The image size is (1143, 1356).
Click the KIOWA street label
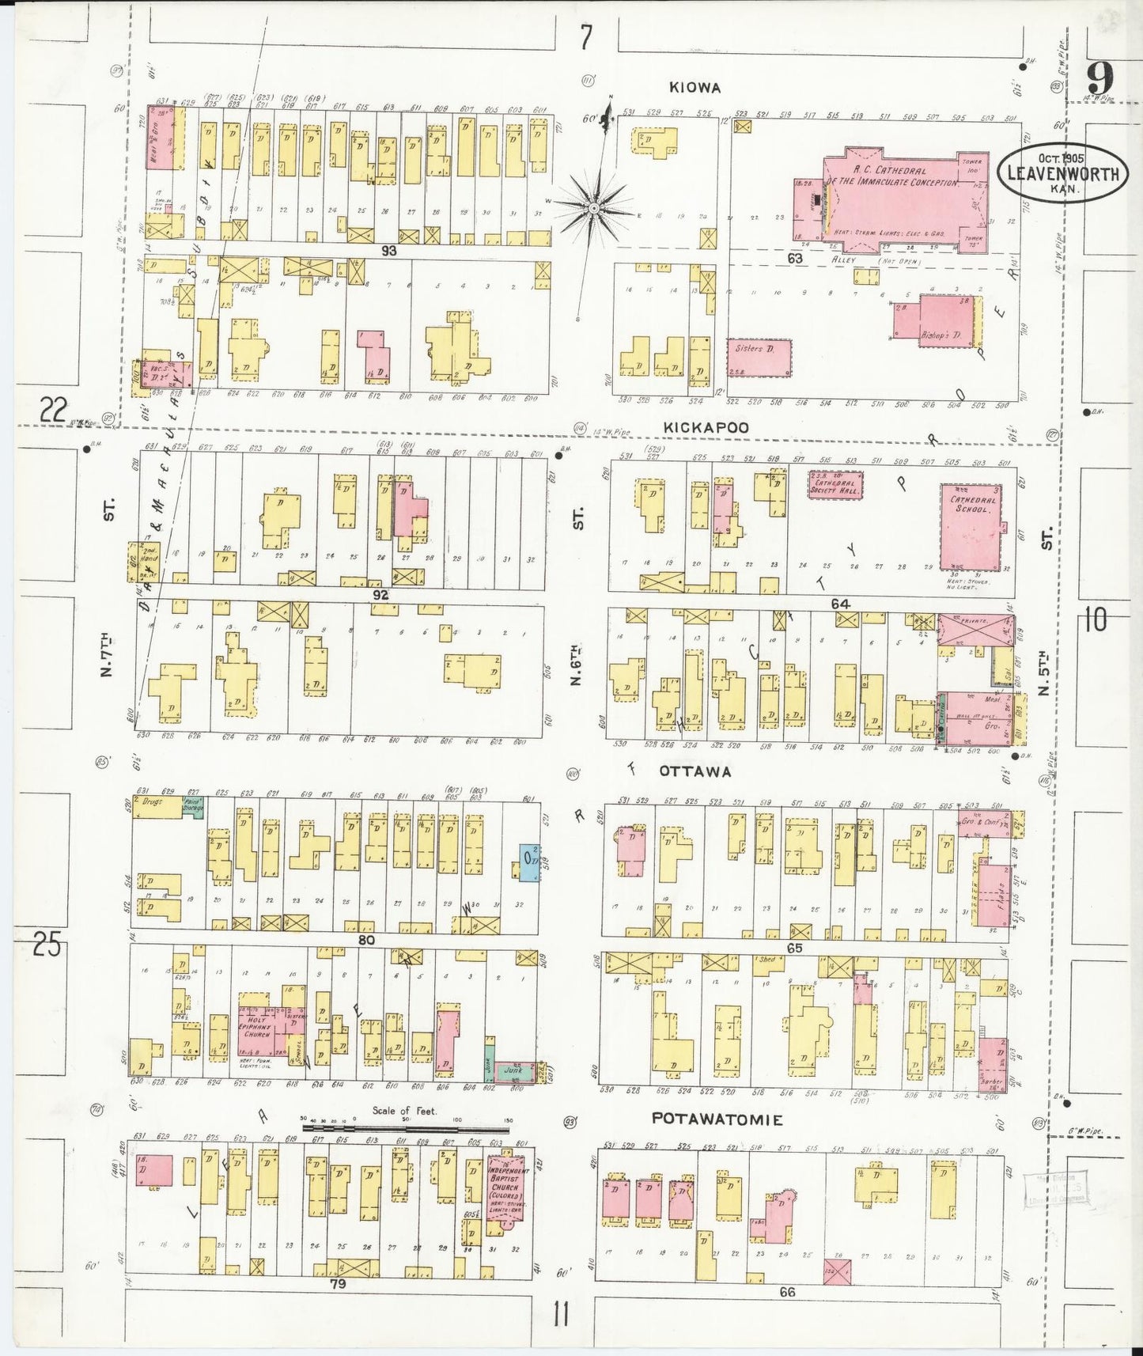tap(694, 88)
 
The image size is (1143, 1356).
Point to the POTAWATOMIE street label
tap(717, 1119)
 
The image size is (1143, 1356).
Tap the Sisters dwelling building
tap(758, 358)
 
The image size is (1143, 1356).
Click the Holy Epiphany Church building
tap(255, 1028)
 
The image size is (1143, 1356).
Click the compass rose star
tap(592, 207)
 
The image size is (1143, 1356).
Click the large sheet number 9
tap(1099, 78)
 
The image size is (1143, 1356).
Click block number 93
tap(388, 251)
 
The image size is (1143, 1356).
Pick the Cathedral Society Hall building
tap(835, 484)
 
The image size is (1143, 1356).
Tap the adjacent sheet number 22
tap(53, 410)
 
